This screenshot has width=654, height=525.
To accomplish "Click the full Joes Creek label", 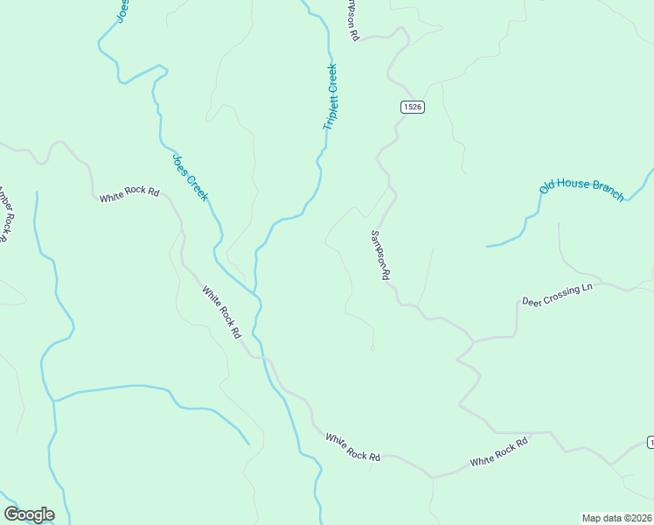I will coord(190,177).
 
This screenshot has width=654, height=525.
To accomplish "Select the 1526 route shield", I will coord(413,107).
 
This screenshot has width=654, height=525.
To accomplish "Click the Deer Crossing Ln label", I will coord(557,294).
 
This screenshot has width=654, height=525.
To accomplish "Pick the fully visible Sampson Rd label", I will coord(380,255).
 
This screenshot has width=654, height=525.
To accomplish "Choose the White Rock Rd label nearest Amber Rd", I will coord(129,194).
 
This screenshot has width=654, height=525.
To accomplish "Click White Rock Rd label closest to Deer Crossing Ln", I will coord(499,452).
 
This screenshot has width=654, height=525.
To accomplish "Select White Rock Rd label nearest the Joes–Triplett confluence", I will coord(221,311).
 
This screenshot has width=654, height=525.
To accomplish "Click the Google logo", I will coord(29,514).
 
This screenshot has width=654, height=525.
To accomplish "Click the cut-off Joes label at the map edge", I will coord(122,10).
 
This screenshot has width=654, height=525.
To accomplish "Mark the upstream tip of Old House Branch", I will coord(487,246).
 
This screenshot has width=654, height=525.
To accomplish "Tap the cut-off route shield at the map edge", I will coord(650,442).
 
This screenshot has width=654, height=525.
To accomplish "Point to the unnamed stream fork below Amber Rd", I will coord(54,401).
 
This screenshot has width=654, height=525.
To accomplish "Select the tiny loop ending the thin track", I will coord(372,348).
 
